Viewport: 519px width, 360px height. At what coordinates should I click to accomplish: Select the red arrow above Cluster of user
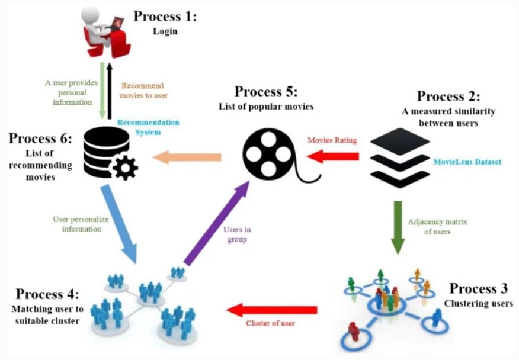click(x=272, y=309)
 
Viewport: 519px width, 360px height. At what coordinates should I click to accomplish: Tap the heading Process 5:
click(x=266, y=92)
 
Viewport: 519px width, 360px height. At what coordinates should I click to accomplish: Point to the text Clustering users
click(x=478, y=304)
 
